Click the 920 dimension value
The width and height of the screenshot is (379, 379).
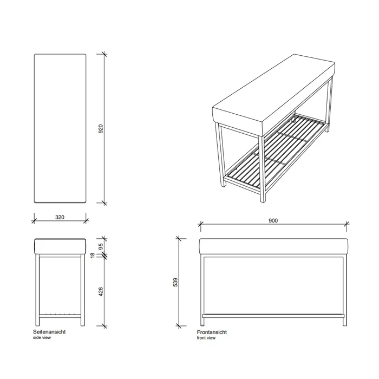(x=101, y=129)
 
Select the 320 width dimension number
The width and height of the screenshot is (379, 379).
(x=60, y=217)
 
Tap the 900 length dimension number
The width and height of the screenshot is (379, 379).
(x=273, y=221)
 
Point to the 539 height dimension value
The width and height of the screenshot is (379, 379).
(x=175, y=282)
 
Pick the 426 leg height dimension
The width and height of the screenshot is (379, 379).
(x=101, y=292)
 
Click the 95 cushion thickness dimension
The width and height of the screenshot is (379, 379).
(x=101, y=246)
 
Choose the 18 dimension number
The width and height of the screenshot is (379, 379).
(x=93, y=255)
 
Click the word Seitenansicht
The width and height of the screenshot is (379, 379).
(x=49, y=331)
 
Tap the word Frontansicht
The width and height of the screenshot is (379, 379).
(x=212, y=332)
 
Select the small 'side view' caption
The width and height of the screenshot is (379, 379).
(x=42, y=337)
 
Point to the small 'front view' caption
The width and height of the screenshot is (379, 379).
(x=206, y=338)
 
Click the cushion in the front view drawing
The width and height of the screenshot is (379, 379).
(x=273, y=246)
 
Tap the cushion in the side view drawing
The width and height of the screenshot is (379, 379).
(x=60, y=246)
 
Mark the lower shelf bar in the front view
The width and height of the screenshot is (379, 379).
(x=273, y=316)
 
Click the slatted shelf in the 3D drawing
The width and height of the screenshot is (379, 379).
(x=276, y=150)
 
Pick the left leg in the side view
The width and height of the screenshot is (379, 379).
(x=37, y=290)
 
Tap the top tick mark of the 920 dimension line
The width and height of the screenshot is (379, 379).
(x=104, y=54)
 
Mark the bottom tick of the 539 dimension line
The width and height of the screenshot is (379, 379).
(x=179, y=326)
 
